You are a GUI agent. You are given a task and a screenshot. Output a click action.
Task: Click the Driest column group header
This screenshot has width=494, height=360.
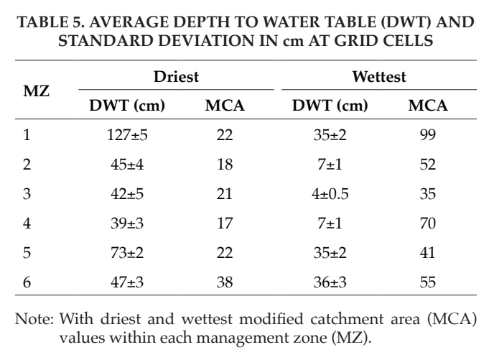(176, 77)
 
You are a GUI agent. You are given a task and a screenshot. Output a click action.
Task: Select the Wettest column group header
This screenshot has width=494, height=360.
(379, 77)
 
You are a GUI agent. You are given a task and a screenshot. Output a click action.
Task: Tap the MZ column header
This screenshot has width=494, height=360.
(36, 91)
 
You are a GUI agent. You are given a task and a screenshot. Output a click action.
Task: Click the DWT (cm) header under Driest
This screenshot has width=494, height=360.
(127, 106)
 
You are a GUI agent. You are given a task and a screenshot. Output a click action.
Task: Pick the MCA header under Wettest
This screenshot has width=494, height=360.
(428, 106)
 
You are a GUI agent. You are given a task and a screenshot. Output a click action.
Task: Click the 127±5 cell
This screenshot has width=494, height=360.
(127, 135)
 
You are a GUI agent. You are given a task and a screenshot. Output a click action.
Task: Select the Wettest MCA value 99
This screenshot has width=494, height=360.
(428, 135)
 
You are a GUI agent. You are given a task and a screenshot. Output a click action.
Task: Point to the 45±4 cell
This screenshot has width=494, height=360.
(127, 165)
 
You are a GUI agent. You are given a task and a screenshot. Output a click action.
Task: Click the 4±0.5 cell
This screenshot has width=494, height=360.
(330, 194)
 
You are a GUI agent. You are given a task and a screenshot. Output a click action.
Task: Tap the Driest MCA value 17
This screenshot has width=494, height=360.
(225, 223)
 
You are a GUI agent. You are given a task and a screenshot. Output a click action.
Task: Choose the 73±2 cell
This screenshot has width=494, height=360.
(127, 253)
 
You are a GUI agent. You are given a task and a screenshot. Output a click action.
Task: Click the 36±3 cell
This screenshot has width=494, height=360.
(330, 282)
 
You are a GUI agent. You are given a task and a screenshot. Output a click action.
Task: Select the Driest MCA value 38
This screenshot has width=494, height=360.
(225, 282)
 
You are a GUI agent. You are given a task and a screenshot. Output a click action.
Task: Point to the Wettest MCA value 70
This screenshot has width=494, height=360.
(428, 223)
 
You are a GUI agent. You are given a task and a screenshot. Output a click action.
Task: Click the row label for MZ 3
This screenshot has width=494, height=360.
(27, 194)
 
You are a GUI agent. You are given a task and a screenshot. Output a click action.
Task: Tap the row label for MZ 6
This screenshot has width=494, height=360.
(27, 282)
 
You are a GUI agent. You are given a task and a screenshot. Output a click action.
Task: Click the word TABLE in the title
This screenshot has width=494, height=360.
(43, 22)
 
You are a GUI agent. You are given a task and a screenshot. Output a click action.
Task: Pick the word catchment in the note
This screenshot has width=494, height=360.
(347, 319)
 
